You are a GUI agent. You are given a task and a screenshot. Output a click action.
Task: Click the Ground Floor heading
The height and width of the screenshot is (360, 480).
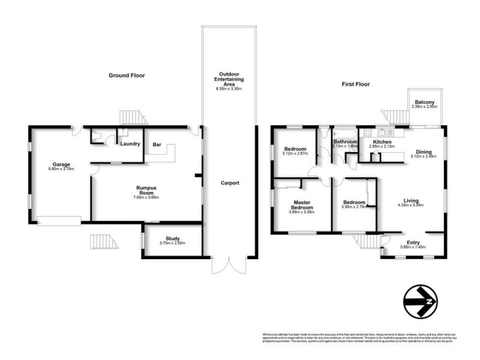(x=127, y=76)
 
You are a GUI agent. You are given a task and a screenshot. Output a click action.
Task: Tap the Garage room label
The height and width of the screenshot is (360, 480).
(x=61, y=164)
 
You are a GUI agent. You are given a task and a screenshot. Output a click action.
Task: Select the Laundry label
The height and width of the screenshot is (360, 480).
(x=130, y=144)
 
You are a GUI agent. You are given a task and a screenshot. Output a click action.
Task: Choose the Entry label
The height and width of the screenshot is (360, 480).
(x=410, y=242)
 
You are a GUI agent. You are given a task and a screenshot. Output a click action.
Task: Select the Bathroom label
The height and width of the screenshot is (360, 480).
(x=345, y=142)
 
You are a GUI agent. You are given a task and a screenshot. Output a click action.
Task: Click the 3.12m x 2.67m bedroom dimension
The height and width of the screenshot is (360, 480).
(x=295, y=154)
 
